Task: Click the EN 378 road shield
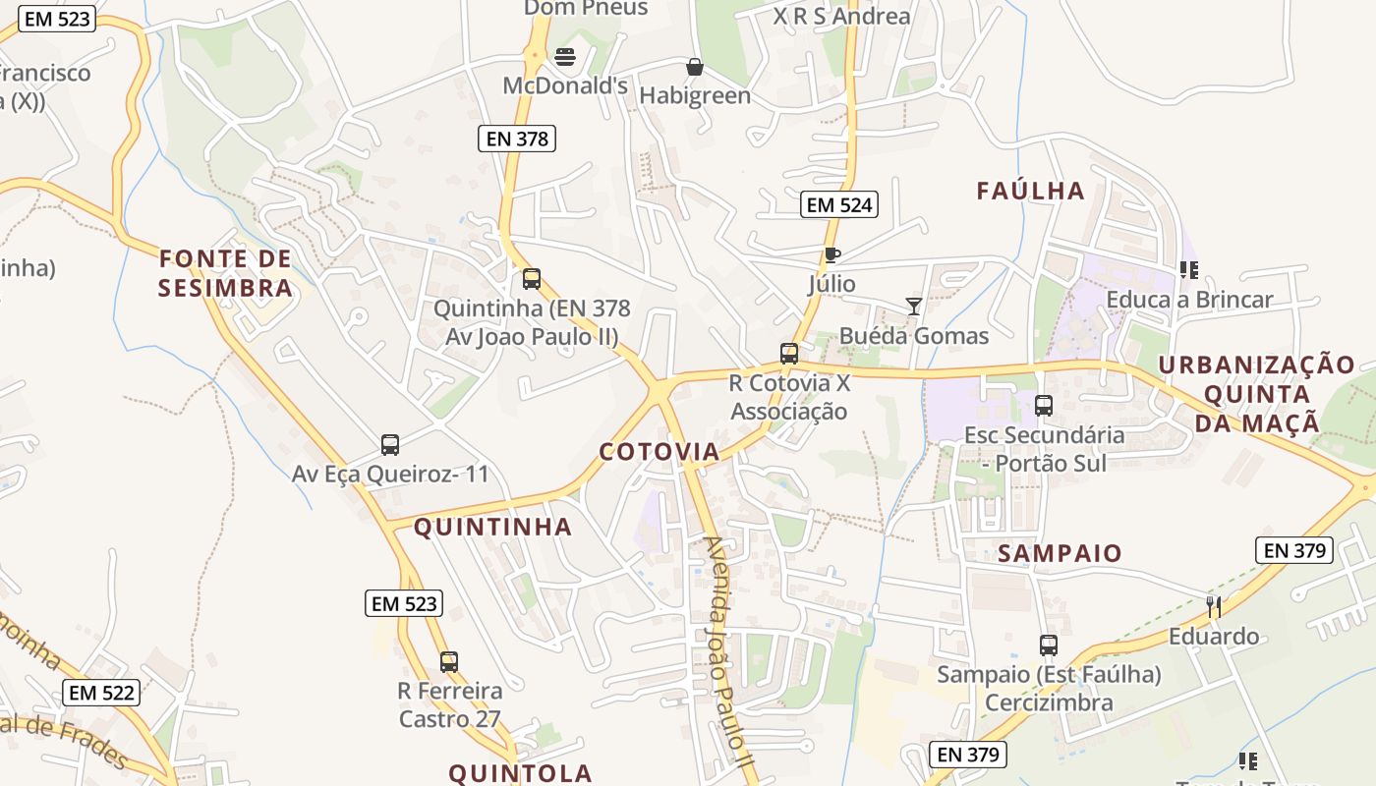pos(517,139)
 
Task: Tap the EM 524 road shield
pos(838,204)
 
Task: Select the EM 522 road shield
pos(101,693)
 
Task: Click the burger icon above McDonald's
pos(565,57)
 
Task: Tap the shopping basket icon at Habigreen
pos(695,67)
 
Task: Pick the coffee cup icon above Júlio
pos(832,255)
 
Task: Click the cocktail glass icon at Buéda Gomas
pos(914,307)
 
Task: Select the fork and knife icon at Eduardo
pos(1214,606)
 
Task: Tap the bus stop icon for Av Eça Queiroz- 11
pos(390,445)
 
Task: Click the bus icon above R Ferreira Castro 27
pos(449,661)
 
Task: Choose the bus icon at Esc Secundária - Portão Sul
pos(1044,405)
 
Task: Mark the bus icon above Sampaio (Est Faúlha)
pos(1049,646)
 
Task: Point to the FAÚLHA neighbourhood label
pos(1030,191)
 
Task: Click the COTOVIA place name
pos(659,452)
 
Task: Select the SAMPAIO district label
pos(1060,553)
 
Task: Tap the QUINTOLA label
pos(521,773)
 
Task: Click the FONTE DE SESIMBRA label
pos(226,273)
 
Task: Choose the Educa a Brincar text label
pos(1189,300)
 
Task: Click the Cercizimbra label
pos(1049,702)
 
